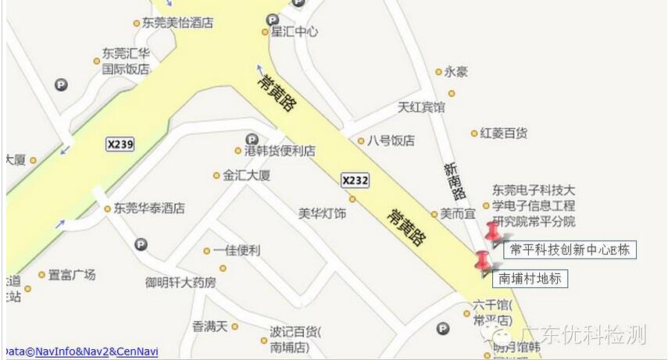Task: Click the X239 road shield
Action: [120, 144]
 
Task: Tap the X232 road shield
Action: [354, 180]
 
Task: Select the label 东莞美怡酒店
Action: [177, 23]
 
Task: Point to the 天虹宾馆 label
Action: [421, 107]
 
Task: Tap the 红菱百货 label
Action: [504, 134]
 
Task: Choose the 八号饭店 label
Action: [391, 141]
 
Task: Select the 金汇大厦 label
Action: [247, 176]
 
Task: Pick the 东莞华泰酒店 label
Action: [149, 209]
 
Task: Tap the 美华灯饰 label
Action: [322, 212]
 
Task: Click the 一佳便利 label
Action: [236, 251]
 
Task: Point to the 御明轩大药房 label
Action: [180, 282]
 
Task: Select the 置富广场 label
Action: [71, 275]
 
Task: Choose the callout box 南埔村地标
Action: [530, 278]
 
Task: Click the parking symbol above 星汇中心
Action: [273, 20]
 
